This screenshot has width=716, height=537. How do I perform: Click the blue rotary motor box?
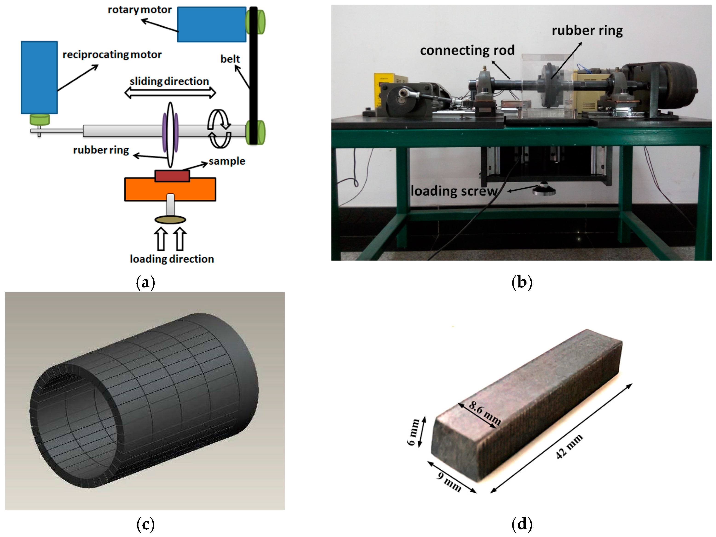click(x=212, y=25)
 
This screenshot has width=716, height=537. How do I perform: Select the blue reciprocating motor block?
click(x=39, y=77)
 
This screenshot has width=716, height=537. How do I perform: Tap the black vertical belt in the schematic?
click(x=253, y=75)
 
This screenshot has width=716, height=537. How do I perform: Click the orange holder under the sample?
click(x=170, y=189)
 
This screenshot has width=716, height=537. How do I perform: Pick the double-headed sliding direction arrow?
click(x=170, y=93)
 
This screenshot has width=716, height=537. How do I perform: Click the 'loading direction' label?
click(x=172, y=259)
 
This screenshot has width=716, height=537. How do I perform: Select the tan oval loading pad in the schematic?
click(x=170, y=220)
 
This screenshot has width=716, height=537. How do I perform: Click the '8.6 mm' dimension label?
click(x=485, y=413)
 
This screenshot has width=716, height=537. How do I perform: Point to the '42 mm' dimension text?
click(x=569, y=446)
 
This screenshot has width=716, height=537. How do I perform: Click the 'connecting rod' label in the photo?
click(x=467, y=50)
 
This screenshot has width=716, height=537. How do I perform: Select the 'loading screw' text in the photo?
click(x=454, y=191)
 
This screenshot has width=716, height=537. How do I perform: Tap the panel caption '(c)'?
click(x=145, y=524)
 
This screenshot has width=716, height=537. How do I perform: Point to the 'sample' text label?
click(x=227, y=161)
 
